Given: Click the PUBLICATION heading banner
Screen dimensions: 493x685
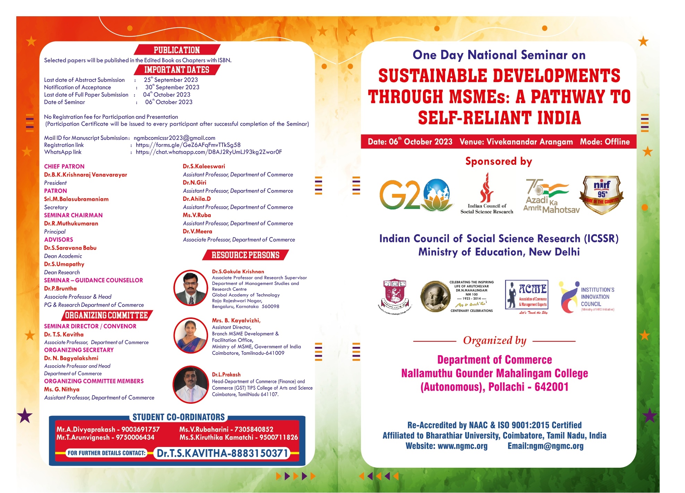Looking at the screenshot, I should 177,50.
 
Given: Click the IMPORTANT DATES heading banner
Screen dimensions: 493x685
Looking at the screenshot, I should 177,70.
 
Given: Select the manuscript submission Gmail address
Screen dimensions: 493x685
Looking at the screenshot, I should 174,138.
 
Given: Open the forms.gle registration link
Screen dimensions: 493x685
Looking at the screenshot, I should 188,145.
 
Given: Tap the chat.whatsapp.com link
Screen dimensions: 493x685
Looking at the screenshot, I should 209,152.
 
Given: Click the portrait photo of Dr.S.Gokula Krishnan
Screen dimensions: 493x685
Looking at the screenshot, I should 191,288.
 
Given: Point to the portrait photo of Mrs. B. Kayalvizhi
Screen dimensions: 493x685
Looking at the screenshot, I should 191,335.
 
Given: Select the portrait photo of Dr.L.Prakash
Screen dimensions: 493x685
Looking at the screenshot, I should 191,385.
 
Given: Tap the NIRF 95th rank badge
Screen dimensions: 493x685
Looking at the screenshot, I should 601,195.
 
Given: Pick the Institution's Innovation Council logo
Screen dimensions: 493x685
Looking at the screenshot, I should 586,297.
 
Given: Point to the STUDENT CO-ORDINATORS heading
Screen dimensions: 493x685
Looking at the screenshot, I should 179,417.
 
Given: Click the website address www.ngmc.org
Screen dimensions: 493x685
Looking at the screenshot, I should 462,446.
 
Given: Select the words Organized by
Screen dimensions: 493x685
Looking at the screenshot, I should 494,341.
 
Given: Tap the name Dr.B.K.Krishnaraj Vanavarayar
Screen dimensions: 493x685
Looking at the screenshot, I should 85,174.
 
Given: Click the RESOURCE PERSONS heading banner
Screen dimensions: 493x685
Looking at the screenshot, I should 245,255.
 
